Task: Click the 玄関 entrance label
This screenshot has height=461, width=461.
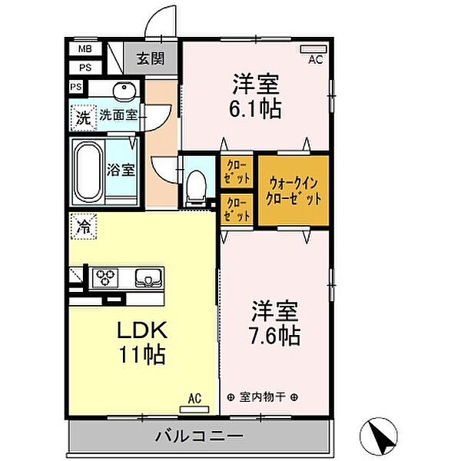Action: pos(151,59)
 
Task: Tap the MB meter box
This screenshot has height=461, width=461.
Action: pos(85,49)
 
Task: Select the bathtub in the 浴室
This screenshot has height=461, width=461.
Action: pos(88,171)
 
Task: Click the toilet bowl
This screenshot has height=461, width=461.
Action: pos(197,186)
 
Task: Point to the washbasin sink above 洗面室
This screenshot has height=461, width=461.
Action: pos(124,88)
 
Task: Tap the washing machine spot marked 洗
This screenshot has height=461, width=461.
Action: pos(84,118)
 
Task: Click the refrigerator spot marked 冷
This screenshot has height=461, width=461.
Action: pos(84,227)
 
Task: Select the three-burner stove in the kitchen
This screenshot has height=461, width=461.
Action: pos(105,278)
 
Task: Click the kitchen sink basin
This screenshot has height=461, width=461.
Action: pos(148,277)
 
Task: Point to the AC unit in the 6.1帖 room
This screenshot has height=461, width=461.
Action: pos(313,49)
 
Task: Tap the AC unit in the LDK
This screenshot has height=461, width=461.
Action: pos(194,410)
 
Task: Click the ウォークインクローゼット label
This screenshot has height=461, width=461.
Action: pos(294,191)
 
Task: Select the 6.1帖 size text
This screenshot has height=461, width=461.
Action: pos(255,109)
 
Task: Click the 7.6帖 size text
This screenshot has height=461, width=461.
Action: pos(275,336)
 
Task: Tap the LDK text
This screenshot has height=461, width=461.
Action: pos(142,330)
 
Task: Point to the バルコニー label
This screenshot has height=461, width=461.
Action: pos(199,436)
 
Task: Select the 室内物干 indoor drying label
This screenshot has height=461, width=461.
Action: pos(262,397)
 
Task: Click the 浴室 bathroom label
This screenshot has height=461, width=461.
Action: pos(121,170)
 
